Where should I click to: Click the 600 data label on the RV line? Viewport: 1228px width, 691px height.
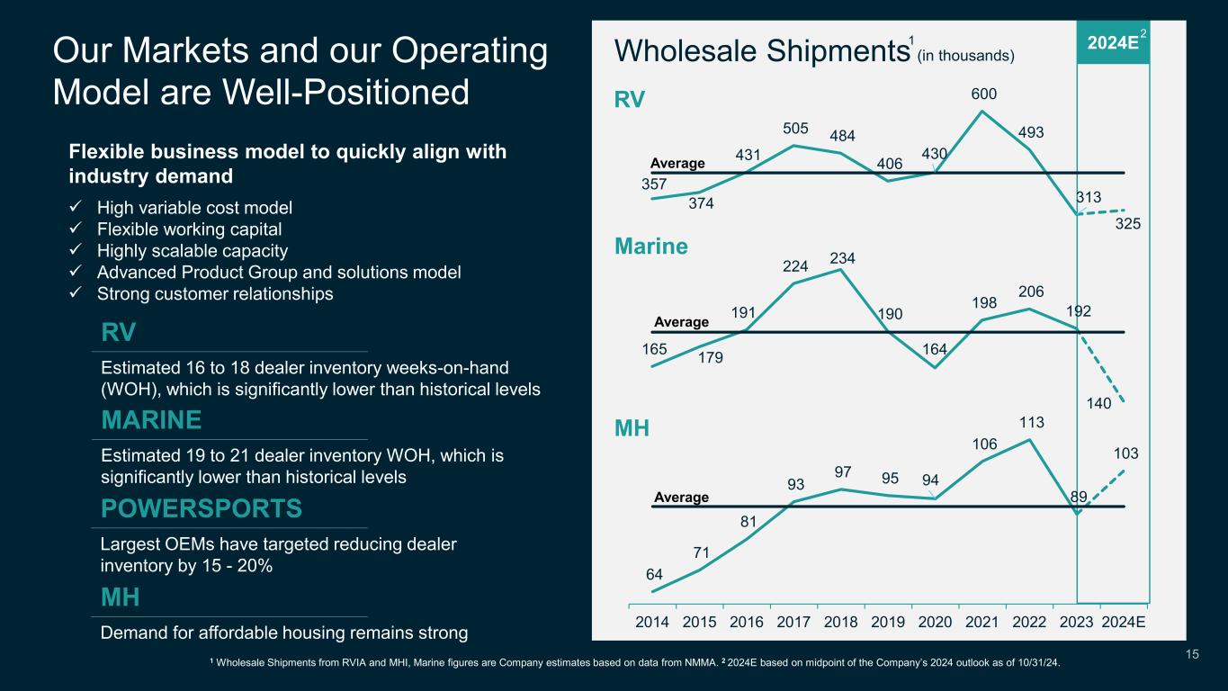coord(983,94)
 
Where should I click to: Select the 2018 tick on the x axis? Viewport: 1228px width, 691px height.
coord(842,622)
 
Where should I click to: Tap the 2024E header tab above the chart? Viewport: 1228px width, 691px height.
coord(1112,42)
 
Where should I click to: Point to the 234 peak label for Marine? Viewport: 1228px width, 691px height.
coord(843,258)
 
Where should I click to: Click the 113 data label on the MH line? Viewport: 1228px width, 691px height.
coord(1031,422)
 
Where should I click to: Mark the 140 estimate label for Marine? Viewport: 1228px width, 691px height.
coord(1098,405)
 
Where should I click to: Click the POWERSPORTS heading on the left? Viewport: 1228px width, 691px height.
coord(202,509)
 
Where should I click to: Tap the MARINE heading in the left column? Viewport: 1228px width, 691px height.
coord(151,421)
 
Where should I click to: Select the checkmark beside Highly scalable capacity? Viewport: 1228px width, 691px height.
coord(76,251)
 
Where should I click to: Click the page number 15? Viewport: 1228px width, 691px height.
coord(1192,655)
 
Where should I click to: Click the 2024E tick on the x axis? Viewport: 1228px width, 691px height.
coord(1125,622)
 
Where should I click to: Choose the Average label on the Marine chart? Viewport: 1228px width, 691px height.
coord(681,321)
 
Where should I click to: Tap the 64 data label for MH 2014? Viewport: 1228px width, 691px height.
coord(655,574)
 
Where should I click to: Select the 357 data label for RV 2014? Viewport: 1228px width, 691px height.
coord(654,184)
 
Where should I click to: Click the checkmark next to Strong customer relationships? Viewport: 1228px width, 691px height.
coord(76,294)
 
